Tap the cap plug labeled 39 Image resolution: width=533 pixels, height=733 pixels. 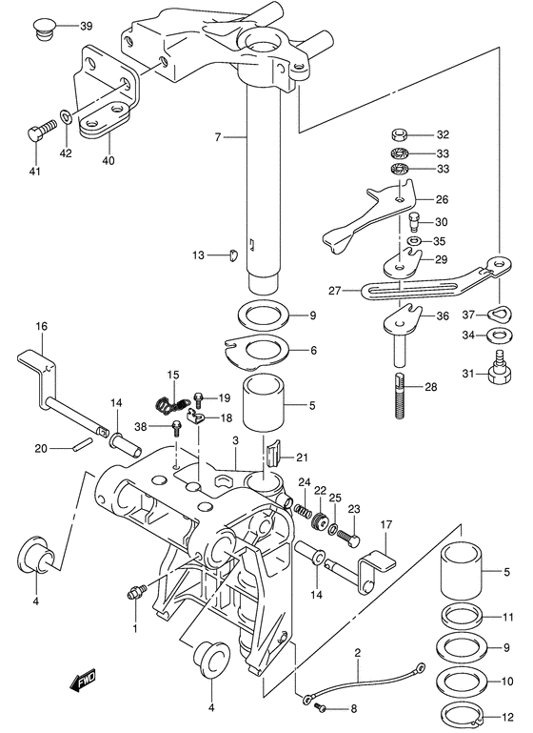[x=45, y=28]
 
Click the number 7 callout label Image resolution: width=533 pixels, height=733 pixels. [x=218, y=137]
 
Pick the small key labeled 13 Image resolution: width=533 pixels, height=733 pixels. [x=233, y=255]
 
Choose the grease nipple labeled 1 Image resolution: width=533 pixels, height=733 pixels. [x=136, y=590]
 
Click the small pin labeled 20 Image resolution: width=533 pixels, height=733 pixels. [x=81, y=442]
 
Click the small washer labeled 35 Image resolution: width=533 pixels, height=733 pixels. [x=413, y=241]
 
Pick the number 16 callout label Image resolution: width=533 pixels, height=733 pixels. [x=42, y=325]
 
